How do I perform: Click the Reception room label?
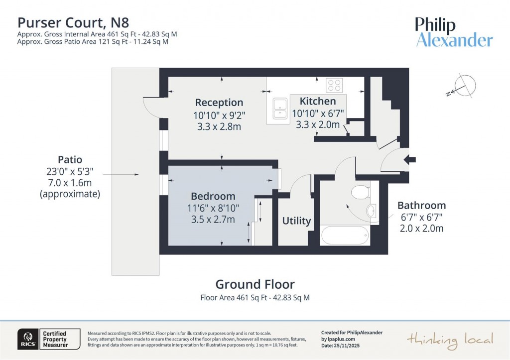pos(219,103)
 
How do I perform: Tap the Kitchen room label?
pos(318,101)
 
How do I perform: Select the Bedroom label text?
pos(213,196)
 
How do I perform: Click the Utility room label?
pos(297,221)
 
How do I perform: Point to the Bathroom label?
pos(421,205)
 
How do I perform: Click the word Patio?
pos(70,160)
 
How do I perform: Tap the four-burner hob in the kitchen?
pos(334,85)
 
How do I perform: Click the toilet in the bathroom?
pos(359,192)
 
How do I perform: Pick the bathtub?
pos(344,235)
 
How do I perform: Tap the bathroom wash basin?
pos(372,211)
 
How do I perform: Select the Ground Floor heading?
pos(255,284)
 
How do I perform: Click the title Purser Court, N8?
pos(73,22)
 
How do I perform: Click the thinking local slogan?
pos(450,340)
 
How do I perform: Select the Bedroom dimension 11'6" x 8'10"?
pos(213,208)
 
